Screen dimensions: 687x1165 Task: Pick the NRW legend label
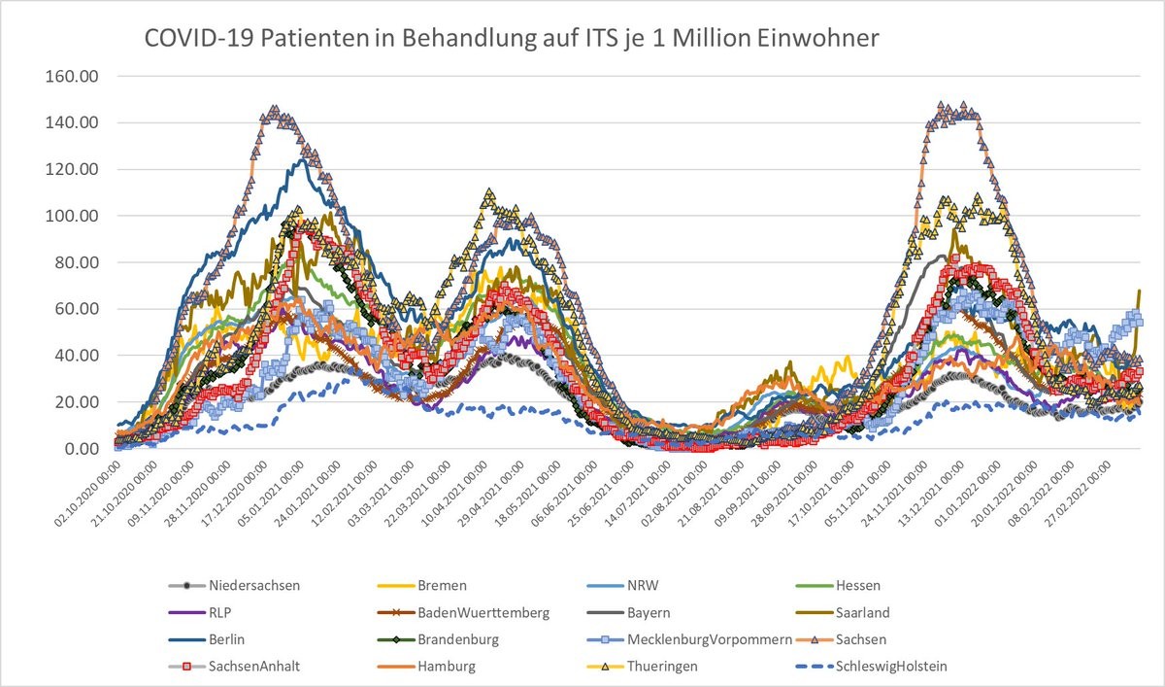[647, 586]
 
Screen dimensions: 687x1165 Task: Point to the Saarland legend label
[861, 613]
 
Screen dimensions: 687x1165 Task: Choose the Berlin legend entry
[226, 640]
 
